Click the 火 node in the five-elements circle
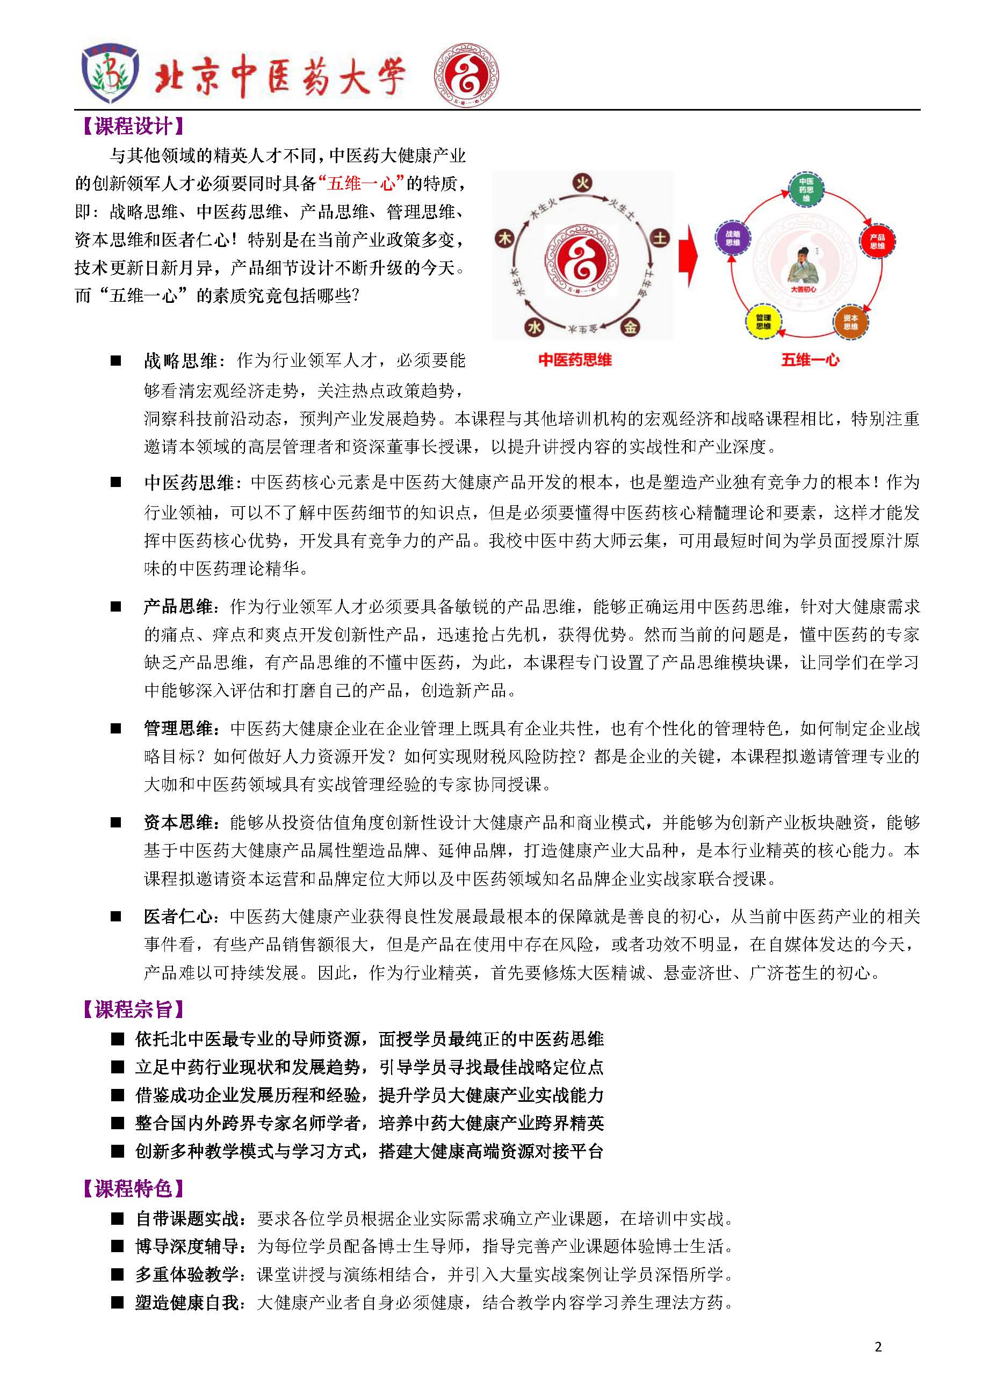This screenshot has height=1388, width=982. point(582,183)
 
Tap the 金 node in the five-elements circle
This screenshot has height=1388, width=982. point(630,327)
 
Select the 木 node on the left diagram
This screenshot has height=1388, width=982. point(504,238)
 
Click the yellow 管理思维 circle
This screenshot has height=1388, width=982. point(763,322)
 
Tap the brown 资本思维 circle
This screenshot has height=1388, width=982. point(850,322)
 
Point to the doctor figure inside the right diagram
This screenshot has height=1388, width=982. point(803,266)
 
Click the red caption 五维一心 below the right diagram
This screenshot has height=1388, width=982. point(810,360)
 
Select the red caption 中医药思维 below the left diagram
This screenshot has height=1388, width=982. point(574,360)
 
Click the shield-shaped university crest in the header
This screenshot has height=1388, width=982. point(110,74)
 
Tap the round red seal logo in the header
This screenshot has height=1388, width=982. point(466,76)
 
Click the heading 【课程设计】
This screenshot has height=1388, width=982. point(133,126)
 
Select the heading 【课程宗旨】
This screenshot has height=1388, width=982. point(133,1009)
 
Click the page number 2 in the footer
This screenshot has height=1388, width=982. point(878,1347)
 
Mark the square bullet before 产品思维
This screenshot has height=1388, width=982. point(116,606)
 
